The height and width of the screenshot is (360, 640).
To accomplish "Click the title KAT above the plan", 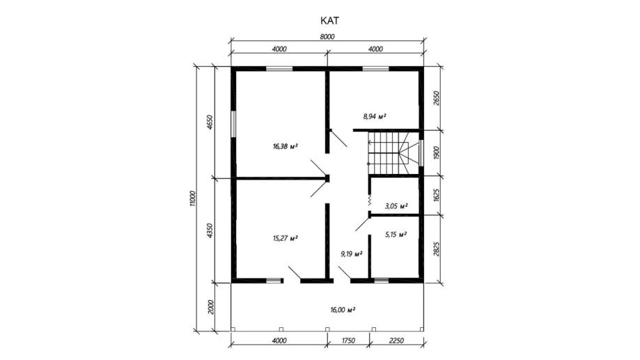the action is coord(329,20).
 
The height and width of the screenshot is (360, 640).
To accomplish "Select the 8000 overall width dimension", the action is coord(327,37).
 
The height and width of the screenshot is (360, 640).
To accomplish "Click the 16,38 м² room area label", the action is coord(285,146).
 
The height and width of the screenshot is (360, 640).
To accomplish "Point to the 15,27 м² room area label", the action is coord(285,238).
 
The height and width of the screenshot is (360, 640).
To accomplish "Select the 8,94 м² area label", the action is coord(374,117).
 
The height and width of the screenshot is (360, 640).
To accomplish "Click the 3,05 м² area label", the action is coord(396,206).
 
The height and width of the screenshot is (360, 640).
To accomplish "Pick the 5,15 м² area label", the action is coord(396,235).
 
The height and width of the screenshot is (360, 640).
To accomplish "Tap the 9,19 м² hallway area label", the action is coord(352,254).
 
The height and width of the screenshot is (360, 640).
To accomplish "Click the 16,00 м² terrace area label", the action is coord(343,310).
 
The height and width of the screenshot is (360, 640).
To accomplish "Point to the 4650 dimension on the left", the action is coord(210,122).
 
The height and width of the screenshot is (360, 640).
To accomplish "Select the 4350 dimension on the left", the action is coord(210,230).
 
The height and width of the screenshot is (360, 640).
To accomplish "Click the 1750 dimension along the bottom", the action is coord(348,341).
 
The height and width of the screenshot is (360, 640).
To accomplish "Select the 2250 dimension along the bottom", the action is coord(396,341).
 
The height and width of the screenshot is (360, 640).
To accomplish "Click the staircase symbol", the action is coord(388,152).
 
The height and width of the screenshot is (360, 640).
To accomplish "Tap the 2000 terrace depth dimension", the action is coord(210,306).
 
